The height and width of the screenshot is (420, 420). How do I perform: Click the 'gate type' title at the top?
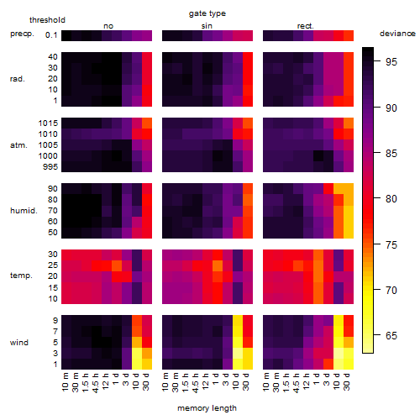click(x=207, y=13)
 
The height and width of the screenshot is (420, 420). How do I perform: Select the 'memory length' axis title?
click(x=207, y=408)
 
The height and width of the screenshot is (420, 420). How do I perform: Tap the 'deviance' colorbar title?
click(x=397, y=34)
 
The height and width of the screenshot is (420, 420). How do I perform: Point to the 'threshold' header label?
click(x=47, y=20)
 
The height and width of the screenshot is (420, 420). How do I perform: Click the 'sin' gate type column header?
click(x=207, y=26)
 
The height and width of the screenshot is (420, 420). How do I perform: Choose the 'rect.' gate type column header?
click(x=306, y=26)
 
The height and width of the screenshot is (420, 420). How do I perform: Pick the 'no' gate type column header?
click(x=108, y=26)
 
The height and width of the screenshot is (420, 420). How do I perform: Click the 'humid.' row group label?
click(x=24, y=211)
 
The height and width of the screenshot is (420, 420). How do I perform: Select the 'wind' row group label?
click(x=19, y=343)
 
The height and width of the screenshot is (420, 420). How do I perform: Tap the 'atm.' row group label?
click(x=18, y=145)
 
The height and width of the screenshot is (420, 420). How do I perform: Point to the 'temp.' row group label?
click(x=21, y=276)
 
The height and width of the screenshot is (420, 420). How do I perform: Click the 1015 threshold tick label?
click(x=48, y=123)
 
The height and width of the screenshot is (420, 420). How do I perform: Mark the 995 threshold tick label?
click(x=50, y=167)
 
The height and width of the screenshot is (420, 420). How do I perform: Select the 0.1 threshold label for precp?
click(x=51, y=35)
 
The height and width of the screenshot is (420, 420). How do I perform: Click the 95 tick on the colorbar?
click(x=391, y=62)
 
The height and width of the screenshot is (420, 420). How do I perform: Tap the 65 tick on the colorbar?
click(x=391, y=335)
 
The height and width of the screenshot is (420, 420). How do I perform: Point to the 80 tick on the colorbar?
click(x=391, y=199)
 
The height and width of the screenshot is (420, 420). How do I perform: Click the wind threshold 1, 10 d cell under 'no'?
click(x=137, y=364)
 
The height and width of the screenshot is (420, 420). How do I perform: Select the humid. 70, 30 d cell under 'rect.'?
click(x=349, y=211)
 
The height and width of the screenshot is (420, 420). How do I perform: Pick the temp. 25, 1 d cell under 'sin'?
click(x=218, y=265)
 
